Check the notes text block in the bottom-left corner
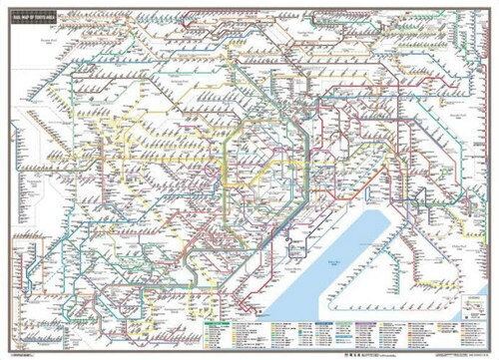[40, 334]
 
